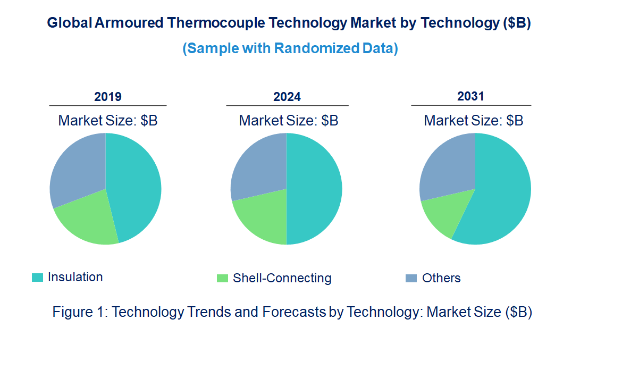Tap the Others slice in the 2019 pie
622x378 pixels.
(77, 167)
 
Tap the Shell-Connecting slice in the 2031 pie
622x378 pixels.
(444, 213)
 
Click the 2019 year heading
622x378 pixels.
(108, 97)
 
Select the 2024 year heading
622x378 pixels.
(287, 97)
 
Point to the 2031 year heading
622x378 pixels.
(471, 96)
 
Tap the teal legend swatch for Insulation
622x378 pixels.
(37, 278)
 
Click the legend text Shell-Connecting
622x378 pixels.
(282, 278)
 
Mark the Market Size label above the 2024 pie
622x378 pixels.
(289, 121)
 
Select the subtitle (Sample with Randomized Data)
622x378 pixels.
(290, 48)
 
